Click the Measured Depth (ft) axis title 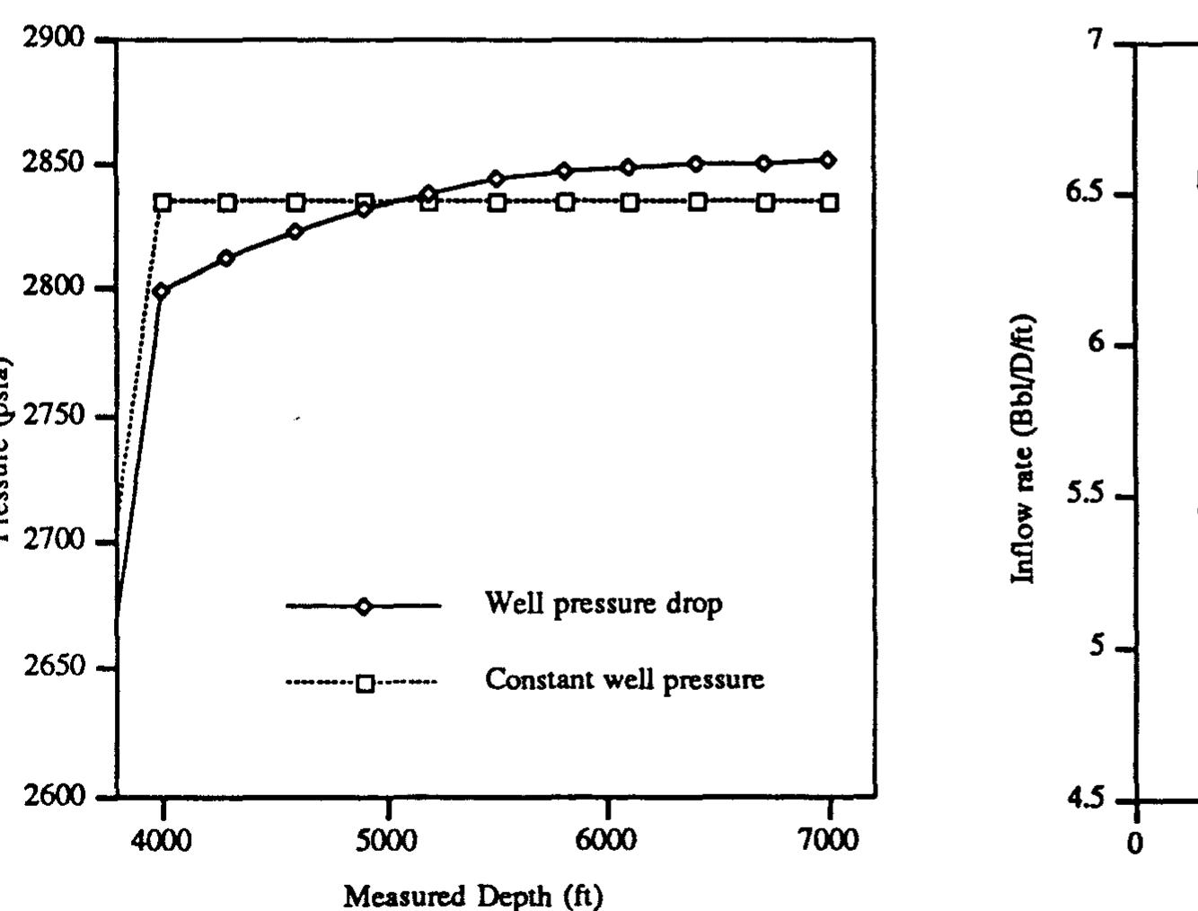click(473, 896)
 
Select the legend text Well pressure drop click(603, 603)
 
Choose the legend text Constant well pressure click(625, 679)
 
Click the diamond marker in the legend click(363, 606)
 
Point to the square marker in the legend click(365, 684)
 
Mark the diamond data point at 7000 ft click(828, 161)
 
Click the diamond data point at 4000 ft click(162, 290)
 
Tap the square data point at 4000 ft click(163, 202)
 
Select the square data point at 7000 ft click(830, 202)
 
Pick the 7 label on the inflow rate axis click(1092, 41)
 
